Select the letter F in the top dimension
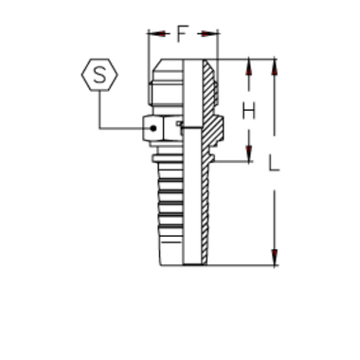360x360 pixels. pyautogui.click(x=181, y=38)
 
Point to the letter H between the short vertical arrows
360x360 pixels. pyautogui.click(x=249, y=109)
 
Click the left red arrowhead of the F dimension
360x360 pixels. pyautogui.click(x=160, y=38)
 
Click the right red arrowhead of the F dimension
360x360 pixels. pyautogui.click(x=207, y=38)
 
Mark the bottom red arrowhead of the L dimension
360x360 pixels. pyautogui.click(x=272, y=253)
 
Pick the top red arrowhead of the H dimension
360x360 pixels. pyautogui.click(x=248, y=73)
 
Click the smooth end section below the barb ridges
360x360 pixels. pyautogui.click(x=171, y=251)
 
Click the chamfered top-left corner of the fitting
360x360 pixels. pyautogui.click(x=157, y=66)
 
